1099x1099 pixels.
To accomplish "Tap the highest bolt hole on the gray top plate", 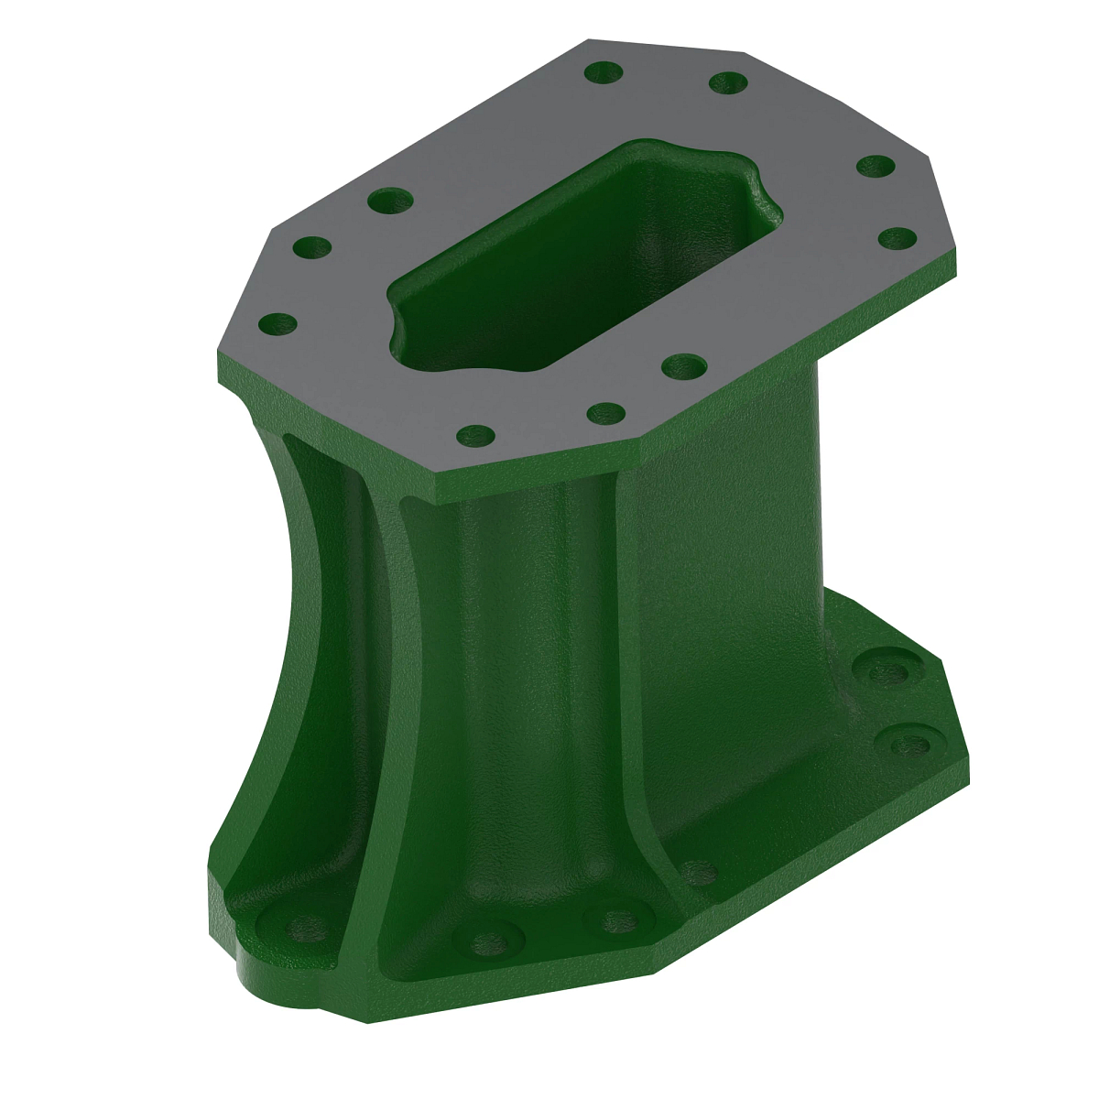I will click(x=603, y=71).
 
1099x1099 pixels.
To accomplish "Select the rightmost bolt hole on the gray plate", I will click(x=898, y=238).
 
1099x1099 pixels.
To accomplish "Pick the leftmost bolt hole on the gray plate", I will click(x=278, y=323).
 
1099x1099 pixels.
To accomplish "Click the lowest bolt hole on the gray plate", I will click(x=475, y=436).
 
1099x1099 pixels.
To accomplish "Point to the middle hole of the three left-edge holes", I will click(x=313, y=247).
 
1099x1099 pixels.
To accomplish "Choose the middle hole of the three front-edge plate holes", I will click(x=605, y=413).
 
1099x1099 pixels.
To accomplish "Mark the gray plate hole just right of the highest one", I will click(x=729, y=82).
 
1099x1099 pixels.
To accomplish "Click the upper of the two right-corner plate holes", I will click(x=876, y=167).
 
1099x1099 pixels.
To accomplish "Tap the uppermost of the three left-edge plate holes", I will click(x=391, y=200).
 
